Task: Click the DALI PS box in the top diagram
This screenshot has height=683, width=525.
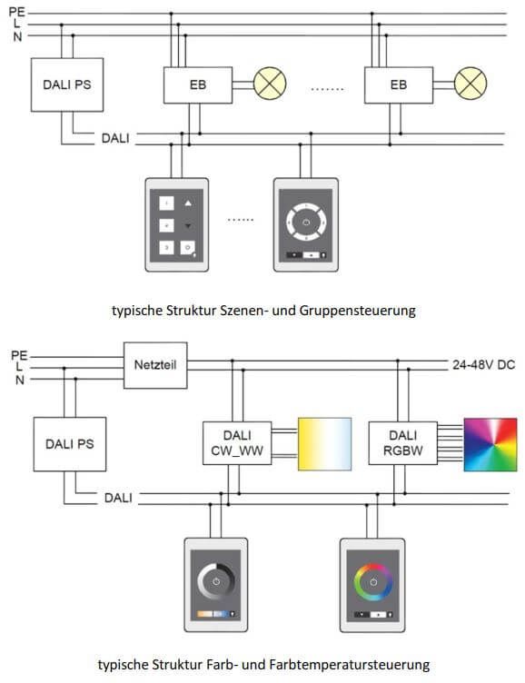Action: coord(67,85)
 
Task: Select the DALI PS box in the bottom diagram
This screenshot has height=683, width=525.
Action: coord(70,444)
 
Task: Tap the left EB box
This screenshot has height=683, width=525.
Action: coord(198,85)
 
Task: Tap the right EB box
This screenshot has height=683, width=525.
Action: coord(398,85)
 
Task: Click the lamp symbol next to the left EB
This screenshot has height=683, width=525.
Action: coord(269,84)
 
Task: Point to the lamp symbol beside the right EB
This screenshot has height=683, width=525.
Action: coord(470,84)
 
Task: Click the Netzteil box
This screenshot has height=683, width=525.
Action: coord(154,365)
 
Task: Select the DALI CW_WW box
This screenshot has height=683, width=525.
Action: coord(236,441)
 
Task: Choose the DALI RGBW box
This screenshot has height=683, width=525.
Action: coord(403,441)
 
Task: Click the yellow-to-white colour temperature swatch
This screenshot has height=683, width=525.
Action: coord(324,444)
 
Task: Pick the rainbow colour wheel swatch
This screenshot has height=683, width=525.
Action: coord(490,444)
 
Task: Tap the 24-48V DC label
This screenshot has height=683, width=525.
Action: coord(482,365)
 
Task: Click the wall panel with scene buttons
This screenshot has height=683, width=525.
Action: coord(176,224)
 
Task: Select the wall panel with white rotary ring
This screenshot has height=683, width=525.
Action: coord(306,224)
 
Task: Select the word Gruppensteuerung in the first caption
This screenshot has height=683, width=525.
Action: coord(364,310)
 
